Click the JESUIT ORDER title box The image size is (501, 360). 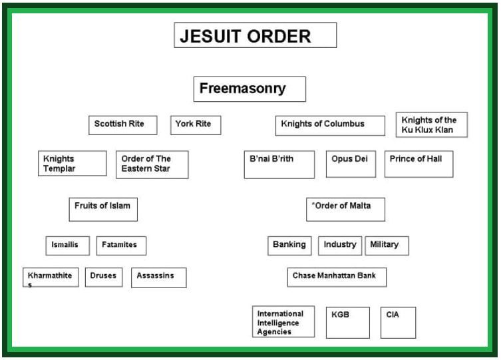click(255, 36)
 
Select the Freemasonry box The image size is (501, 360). click(250, 89)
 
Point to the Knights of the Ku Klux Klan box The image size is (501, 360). click(432, 125)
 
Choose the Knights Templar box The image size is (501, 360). click(73, 164)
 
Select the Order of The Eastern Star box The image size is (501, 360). click(152, 164)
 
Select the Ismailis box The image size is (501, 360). click(66, 246)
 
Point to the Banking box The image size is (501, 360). click(290, 246)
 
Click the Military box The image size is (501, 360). click(387, 246)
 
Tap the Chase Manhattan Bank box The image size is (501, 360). click(337, 277)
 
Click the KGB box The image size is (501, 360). click(348, 322)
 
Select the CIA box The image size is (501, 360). click(398, 322)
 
